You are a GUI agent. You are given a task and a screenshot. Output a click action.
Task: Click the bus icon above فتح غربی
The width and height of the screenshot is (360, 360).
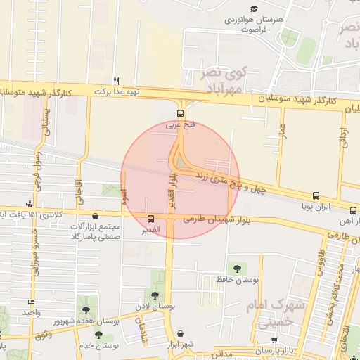181,113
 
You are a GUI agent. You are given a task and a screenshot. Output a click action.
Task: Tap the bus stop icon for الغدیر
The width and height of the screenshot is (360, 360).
151,219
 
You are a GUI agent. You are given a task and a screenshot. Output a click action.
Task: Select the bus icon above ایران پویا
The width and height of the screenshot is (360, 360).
315,196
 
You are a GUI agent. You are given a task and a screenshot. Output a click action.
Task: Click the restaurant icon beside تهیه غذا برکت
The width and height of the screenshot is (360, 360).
117,80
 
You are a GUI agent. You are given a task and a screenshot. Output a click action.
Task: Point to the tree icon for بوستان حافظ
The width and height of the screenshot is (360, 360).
236,268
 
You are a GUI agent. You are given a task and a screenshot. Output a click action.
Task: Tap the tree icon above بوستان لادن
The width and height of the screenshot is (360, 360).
155,295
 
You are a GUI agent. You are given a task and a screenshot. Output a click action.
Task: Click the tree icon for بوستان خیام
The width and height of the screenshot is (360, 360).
100,334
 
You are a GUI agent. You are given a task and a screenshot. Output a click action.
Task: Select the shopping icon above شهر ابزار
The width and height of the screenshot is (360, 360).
181,333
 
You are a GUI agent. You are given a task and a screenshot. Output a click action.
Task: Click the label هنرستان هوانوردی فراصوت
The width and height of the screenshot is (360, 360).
253,25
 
